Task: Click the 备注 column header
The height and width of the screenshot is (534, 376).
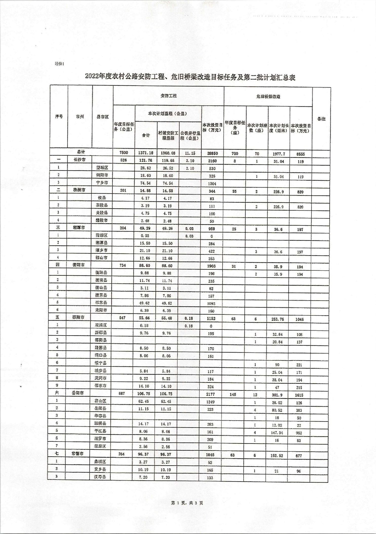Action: tap(321, 119)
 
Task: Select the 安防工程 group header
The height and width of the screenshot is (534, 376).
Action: tap(169, 96)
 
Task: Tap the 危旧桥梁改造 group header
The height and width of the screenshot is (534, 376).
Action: tap(268, 97)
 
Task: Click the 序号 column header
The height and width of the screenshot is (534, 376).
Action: tap(59, 117)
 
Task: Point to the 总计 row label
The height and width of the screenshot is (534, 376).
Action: tap(81, 152)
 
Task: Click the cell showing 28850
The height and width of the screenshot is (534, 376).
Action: tap(212, 153)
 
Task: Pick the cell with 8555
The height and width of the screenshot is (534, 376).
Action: tap(301, 154)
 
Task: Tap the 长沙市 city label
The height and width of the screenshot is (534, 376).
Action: tap(80, 160)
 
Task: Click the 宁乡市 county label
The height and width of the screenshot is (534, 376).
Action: tap(102, 183)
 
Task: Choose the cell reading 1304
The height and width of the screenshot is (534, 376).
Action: tap(212, 183)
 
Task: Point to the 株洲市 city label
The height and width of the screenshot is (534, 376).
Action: tap(79, 190)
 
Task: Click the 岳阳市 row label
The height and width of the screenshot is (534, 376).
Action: tap(78, 393)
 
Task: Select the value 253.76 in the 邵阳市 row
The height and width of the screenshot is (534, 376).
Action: tap(278, 319)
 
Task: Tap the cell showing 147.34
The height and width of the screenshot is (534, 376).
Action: tap(277, 433)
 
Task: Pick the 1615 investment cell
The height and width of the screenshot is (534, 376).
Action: tap(299, 395)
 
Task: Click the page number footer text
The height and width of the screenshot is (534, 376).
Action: tap(187, 503)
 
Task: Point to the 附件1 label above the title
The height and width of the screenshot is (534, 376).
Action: tap(60, 64)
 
